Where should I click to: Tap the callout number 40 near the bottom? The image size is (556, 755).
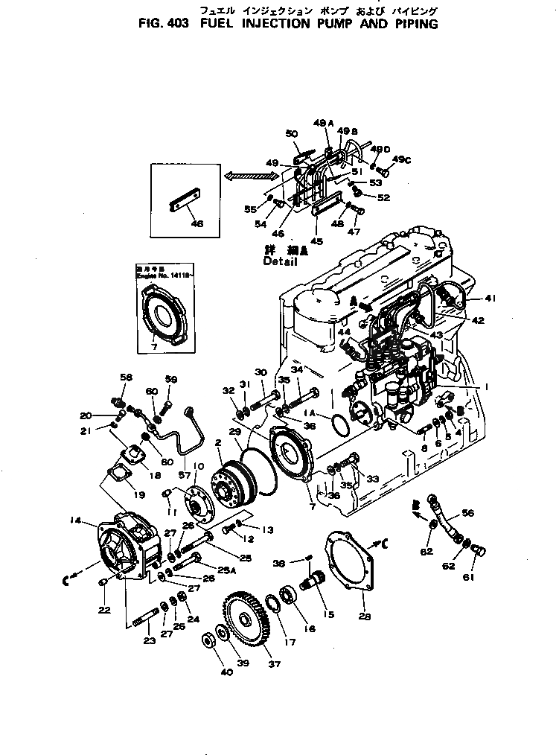pos(226,672)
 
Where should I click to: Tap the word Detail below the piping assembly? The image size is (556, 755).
pos(280,262)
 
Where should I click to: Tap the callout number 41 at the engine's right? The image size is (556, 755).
pos(490,298)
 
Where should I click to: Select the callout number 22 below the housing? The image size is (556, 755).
pos(103,610)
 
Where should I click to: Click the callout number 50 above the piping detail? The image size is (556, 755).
pos(291,134)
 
